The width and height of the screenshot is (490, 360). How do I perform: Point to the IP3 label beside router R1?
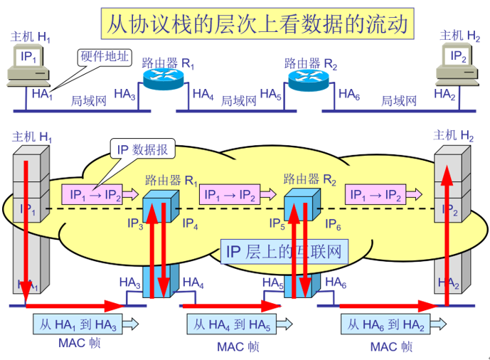(136, 225)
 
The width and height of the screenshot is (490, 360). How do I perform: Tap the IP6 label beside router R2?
(334, 225)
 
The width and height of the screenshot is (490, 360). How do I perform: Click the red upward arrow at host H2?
(446, 235)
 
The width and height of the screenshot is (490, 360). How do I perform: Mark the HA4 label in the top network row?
(203, 94)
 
